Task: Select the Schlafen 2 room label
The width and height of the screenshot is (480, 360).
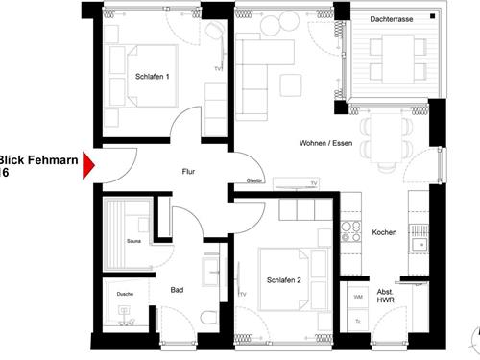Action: point(285,279)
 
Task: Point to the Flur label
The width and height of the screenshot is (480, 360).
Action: point(189,172)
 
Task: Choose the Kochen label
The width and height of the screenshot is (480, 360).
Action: point(384,233)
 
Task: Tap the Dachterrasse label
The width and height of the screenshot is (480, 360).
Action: point(391,19)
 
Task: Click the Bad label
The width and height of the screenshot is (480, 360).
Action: point(177,289)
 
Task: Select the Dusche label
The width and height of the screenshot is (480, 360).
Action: point(125,292)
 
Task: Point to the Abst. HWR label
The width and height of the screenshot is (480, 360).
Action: point(384,298)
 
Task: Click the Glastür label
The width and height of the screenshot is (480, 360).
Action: point(255,180)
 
